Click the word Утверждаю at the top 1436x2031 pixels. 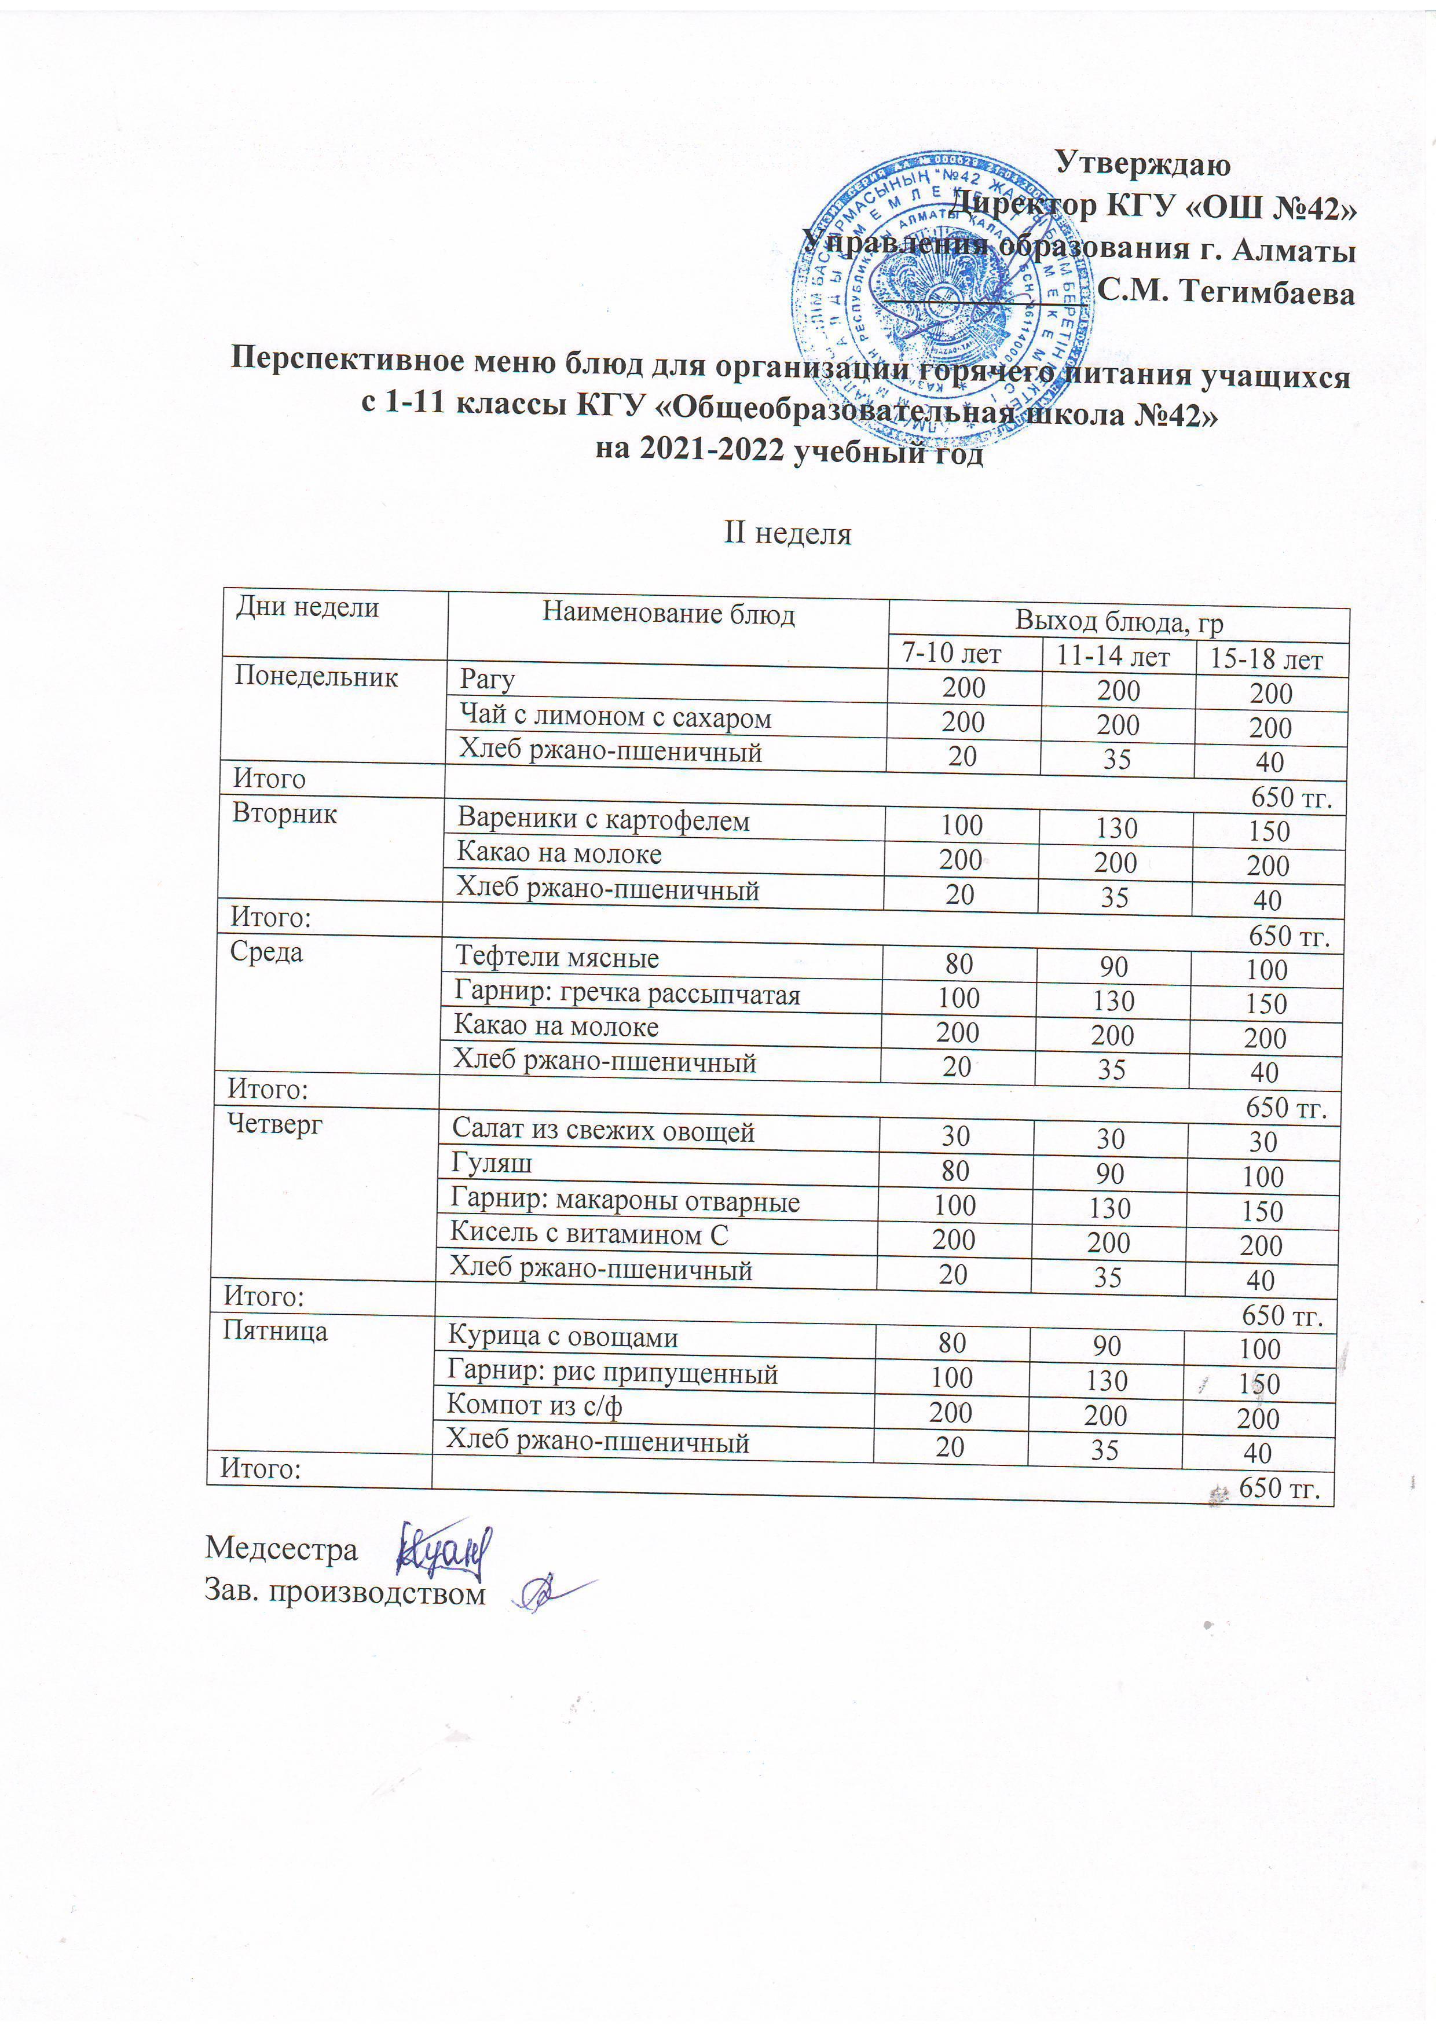pyautogui.click(x=1143, y=164)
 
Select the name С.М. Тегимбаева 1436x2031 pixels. pyautogui.click(x=1225, y=292)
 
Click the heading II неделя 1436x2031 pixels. pyautogui.click(x=787, y=533)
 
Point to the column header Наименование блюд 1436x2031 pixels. pyautogui.click(x=668, y=614)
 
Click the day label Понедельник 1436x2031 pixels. pyautogui.click(x=316, y=677)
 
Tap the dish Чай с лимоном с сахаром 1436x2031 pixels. pyautogui.click(x=615, y=717)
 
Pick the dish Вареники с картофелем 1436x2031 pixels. pyautogui.click(x=603, y=821)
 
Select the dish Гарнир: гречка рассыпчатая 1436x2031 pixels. pyautogui.click(x=627, y=994)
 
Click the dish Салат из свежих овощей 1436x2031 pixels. pyautogui.click(x=603, y=1131)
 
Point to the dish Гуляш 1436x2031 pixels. pyautogui.click(x=491, y=1164)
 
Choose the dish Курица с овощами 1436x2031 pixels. pyautogui.click(x=563, y=1337)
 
